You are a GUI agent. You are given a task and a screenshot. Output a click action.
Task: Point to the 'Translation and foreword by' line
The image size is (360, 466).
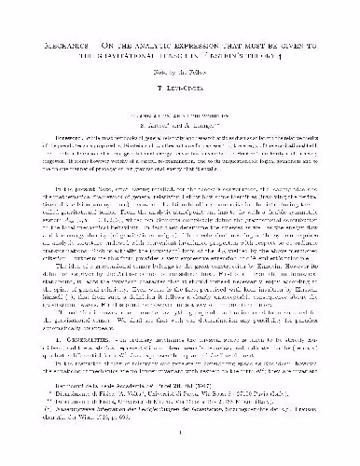tap(180, 104)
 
